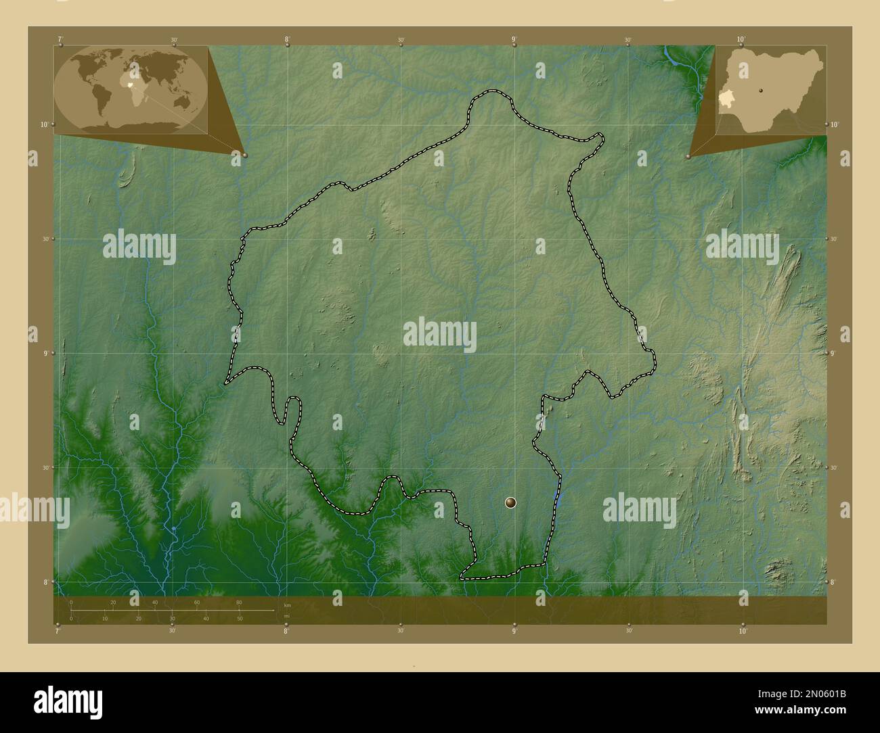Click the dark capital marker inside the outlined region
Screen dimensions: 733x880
click(510, 502)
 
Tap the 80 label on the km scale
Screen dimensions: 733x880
click(238, 602)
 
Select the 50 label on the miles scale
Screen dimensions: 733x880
click(240, 619)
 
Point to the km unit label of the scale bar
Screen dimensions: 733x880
click(287, 605)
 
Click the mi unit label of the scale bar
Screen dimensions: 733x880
click(287, 616)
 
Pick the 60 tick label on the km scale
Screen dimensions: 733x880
click(196, 602)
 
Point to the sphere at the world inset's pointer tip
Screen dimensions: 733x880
click(244, 155)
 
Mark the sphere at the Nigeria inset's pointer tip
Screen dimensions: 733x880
click(688, 156)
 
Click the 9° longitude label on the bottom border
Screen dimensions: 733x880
click(514, 632)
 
